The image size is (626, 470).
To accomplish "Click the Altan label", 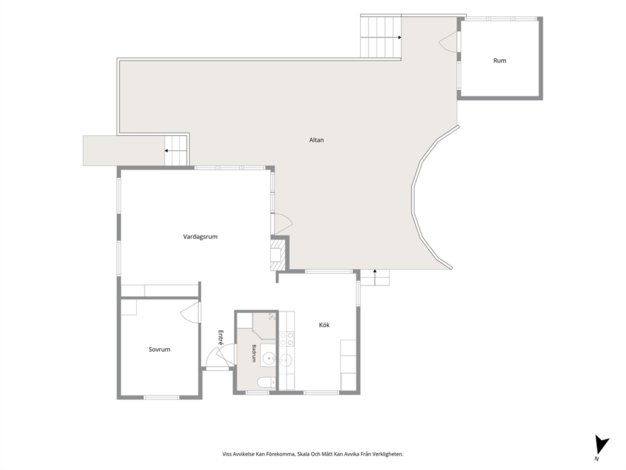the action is point(317,140).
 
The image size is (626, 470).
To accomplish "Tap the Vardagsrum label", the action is point(201,237).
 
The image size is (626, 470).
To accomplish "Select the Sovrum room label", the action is point(159,349).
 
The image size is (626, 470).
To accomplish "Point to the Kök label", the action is point(324,325).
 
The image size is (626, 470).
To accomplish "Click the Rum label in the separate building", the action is point(500,61).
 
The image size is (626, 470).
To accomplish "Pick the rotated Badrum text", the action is point(254,353).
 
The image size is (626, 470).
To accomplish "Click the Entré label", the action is point(221,337).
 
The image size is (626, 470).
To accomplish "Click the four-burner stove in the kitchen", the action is point(287,339).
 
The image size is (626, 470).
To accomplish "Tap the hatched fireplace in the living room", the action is point(278,254).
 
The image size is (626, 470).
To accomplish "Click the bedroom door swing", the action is point(190,311).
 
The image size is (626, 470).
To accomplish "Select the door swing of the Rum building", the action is point(448,41).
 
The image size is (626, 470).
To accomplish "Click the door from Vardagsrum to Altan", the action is point(281,224).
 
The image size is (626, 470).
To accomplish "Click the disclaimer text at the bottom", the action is point(313,454).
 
